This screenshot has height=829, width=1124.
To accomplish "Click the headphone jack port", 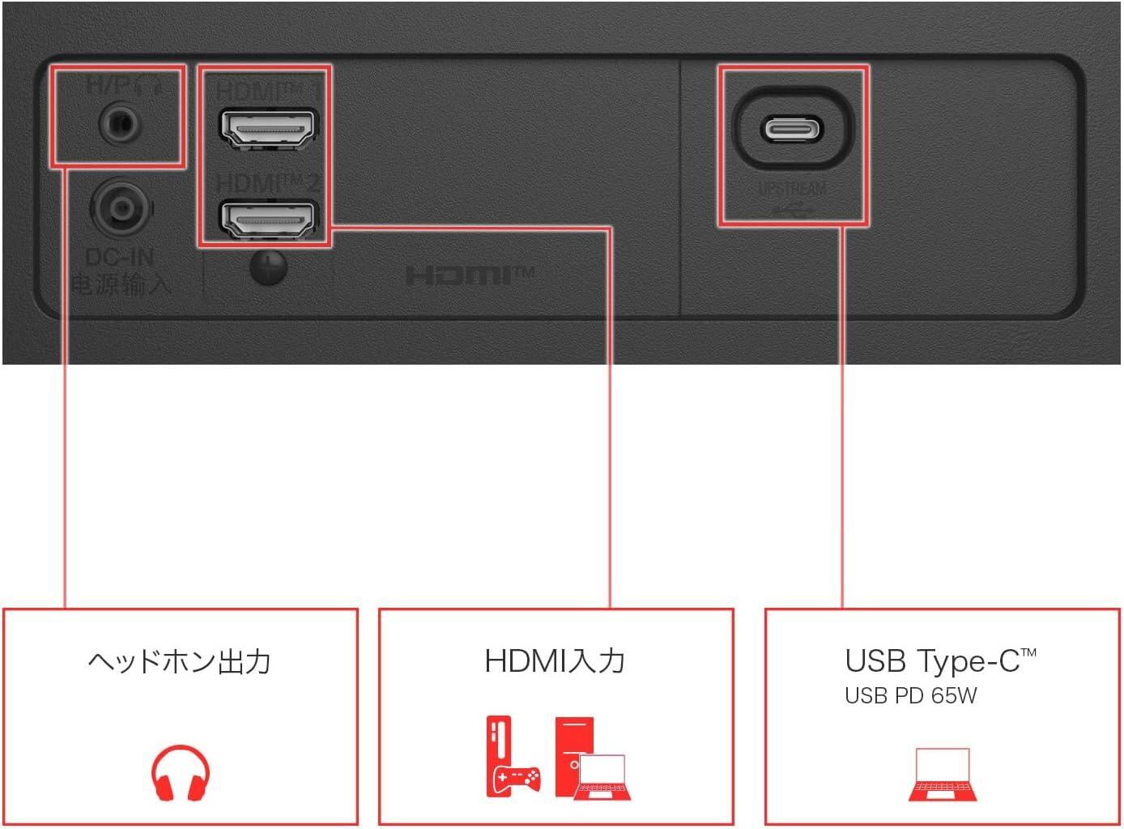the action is (x=119, y=125).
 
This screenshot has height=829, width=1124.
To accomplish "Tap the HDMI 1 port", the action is (x=268, y=128).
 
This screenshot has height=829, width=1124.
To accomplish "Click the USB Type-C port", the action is (x=791, y=129).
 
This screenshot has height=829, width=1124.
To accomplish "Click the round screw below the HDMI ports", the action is (x=268, y=267).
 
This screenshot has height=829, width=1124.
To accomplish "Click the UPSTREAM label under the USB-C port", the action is (x=793, y=189).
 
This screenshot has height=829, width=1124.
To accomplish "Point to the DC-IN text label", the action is (x=119, y=258).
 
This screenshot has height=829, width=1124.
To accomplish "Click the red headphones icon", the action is (x=180, y=773).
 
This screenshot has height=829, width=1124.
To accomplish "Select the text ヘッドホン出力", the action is (x=179, y=662).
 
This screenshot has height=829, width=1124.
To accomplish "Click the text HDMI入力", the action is (x=555, y=661).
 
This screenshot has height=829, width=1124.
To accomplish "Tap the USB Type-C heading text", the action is (x=939, y=661).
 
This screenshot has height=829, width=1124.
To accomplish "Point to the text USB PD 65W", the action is (x=910, y=695).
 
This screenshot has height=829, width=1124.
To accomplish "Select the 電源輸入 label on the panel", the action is (x=121, y=284).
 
